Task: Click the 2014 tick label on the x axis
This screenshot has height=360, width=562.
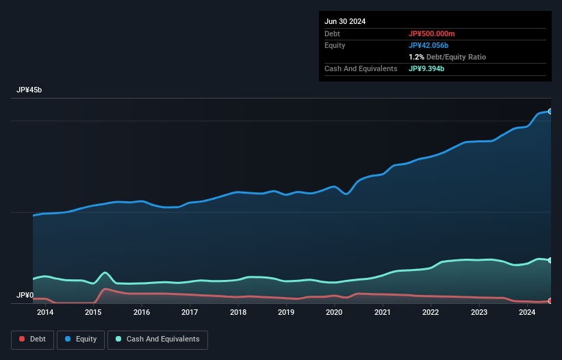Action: (45, 313)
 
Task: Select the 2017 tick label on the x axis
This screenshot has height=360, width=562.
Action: (190, 313)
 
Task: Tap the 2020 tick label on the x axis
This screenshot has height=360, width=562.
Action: (334, 313)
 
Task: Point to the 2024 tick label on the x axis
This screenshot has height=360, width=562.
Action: (527, 313)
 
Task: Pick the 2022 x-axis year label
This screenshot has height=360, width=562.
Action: (431, 313)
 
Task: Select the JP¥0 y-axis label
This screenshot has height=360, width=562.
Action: (25, 296)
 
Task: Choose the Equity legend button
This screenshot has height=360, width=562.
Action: (81, 339)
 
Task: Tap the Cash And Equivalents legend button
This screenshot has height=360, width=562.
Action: (157, 339)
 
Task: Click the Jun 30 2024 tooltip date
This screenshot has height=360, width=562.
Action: (345, 21)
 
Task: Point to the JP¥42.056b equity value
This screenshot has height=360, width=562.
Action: (430, 45)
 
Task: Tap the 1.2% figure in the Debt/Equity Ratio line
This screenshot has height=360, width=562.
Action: (416, 57)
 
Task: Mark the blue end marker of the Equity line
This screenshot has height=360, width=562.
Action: (550, 111)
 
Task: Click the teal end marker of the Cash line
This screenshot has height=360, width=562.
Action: (550, 260)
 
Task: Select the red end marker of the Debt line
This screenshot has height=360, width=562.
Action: (550, 301)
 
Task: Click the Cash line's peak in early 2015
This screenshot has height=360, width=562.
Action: (105, 272)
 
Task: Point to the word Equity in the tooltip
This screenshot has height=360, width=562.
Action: (335, 45)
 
